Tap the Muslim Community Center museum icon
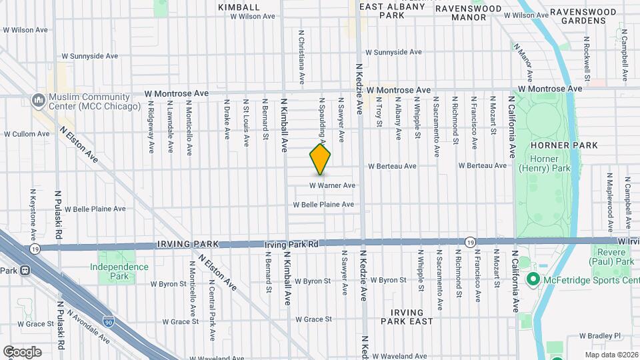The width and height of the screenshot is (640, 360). [38, 101]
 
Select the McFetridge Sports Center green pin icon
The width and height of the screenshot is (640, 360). [533, 279]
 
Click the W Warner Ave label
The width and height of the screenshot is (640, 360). [332, 185]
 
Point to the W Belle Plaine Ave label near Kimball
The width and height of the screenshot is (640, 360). [323, 205]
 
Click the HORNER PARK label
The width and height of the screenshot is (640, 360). [549, 145]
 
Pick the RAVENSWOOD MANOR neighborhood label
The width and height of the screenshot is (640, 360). [470, 13]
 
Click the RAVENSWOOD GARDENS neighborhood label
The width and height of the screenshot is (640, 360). [587, 16]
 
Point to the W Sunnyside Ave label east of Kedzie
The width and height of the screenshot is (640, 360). [393, 52]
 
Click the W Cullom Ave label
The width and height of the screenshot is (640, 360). [27, 134]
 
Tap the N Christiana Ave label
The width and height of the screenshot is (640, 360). [302, 57]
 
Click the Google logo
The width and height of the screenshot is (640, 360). [22, 352]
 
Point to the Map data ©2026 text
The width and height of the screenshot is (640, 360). [611, 355]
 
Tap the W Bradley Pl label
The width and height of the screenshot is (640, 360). [600, 336]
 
